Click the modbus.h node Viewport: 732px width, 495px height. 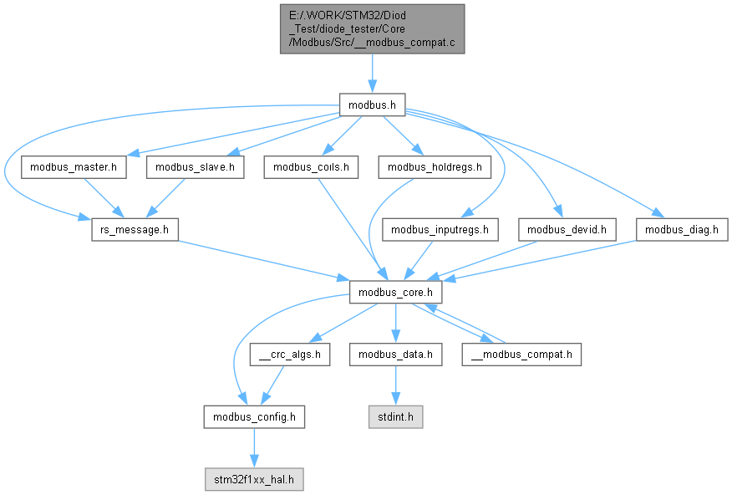372,105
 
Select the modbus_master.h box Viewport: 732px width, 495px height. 74,167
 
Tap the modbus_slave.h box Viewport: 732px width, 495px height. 195,167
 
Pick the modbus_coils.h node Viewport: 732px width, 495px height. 311,167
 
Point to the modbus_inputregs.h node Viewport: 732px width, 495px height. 440,228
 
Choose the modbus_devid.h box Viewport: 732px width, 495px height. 568,228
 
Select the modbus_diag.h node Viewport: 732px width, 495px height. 682,228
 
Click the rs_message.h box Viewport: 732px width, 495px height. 134,228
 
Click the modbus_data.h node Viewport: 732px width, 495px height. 394,355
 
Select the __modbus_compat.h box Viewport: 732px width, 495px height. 521,355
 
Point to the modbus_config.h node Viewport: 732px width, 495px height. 254,416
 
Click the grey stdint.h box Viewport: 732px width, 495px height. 395,416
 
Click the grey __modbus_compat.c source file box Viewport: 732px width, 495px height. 372,28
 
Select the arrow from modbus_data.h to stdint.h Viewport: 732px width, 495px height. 394,385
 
